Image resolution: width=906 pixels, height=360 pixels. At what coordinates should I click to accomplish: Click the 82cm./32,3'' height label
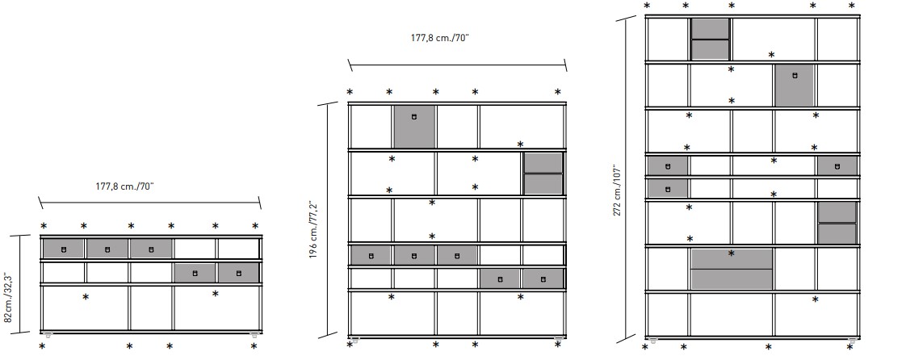(x=9, y=297)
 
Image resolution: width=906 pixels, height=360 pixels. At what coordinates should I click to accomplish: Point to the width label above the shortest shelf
(x=124, y=186)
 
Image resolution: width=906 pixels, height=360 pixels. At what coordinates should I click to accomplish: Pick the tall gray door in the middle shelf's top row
(x=414, y=126)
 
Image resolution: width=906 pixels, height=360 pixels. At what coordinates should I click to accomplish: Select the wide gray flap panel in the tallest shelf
(x=732, y=269)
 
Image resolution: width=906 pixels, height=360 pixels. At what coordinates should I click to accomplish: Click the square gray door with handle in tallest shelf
(x=795, y=86)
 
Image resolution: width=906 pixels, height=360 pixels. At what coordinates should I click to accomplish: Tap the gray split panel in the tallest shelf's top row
(x=711, y=39)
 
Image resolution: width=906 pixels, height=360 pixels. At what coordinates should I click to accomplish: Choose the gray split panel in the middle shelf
(x=543, y=174)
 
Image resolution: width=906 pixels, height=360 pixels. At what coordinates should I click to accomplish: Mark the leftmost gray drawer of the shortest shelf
(x=64, y=249)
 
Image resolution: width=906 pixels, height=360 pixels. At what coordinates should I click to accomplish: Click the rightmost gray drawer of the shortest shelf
(x=238, y=274)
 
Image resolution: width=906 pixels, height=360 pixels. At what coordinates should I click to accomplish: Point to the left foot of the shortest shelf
(x=49, y=333)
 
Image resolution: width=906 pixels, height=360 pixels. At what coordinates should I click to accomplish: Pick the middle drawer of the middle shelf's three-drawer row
(x=414, y=256)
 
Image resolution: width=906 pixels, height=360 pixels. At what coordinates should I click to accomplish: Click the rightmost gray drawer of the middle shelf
(x=542, y=279)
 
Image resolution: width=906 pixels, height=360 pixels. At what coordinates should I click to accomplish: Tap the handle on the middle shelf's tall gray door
(x=414, y=117)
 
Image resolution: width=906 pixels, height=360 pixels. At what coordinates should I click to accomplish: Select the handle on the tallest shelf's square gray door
(x=795, y=75)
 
